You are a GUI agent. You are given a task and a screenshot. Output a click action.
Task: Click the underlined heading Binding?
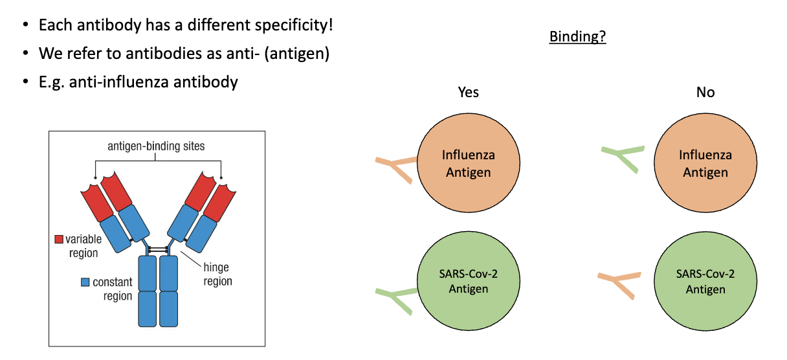click(x=577, y=36)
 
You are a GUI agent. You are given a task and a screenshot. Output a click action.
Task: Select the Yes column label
click(x=468, y=92)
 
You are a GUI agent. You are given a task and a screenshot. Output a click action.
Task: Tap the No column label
click(x=705, y=92)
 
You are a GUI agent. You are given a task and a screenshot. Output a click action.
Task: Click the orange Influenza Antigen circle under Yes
click(x=468, y=164)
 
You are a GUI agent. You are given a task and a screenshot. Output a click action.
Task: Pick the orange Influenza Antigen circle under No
click(x=705, y=164)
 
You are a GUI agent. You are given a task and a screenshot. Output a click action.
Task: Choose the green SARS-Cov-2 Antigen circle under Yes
click(x=468, y=281)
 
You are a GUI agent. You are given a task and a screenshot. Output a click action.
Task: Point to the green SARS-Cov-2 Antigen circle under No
click(x=705, y=281)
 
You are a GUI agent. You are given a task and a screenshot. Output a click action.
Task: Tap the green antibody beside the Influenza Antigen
click(x=622, y=156)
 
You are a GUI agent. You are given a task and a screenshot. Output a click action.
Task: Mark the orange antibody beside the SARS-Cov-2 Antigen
click(x=619, y=284)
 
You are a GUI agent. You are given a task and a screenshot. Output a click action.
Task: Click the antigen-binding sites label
click(x=156, y=146)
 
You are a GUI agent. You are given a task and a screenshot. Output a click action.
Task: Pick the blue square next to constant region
click(x=85, y=282)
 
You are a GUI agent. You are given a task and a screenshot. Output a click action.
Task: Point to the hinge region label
click(x=216, y=274)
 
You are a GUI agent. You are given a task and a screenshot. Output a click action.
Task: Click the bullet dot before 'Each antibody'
click(x=25, y=26)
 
